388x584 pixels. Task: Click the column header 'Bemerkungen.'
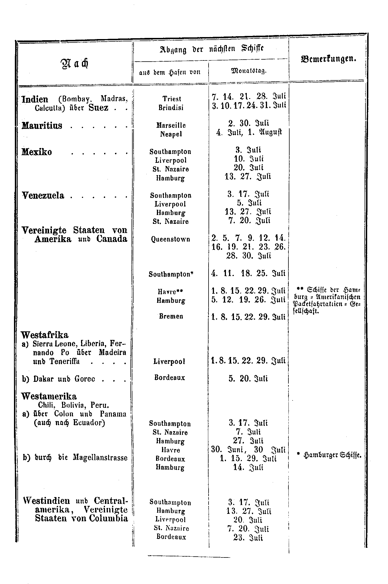[328, 59]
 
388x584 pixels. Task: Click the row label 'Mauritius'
[42, 125]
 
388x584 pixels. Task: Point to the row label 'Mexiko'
[37, 152]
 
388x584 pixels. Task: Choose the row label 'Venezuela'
[43, 195]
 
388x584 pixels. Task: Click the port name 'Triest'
[172, 99]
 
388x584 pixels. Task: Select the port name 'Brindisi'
[171, 108]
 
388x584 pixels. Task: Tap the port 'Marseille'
[171, 125]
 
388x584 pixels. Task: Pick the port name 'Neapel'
[171, 134]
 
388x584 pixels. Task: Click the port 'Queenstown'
[171, 239]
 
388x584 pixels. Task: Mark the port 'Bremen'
[171, 316]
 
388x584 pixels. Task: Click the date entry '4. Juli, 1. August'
[249, 133]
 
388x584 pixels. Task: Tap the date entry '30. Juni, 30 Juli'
[248, 450]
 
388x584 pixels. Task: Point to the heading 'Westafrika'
[45, 334]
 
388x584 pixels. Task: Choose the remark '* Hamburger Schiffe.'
[329, 456]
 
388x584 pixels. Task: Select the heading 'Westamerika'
[49, 396]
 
